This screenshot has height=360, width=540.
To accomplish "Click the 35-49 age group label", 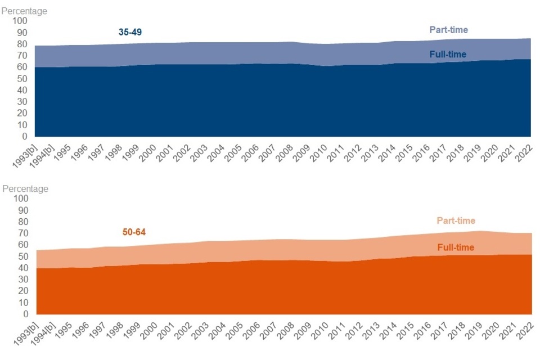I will coord(130,33).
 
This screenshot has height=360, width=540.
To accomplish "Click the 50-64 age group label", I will coord(134,232).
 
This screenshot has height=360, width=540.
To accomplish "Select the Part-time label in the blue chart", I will coord(448,30).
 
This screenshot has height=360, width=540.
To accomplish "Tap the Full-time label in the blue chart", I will coord(448,55).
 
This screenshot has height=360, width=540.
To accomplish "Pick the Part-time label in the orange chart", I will coord(456,221).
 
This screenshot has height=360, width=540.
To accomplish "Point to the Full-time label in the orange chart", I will coord(455,247).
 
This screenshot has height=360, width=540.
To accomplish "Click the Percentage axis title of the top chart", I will coord(24,11).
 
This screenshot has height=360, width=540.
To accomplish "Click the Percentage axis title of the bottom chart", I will coord(25,189).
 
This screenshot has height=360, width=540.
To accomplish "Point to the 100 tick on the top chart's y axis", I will coord(20,20).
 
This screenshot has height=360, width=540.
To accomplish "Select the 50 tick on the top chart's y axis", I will coord(21,79).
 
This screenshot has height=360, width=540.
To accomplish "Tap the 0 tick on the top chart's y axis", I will coord(24,137).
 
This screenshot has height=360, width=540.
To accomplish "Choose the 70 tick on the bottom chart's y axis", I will coord(22,233).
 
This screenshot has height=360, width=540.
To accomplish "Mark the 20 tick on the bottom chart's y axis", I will coord(22,291).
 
